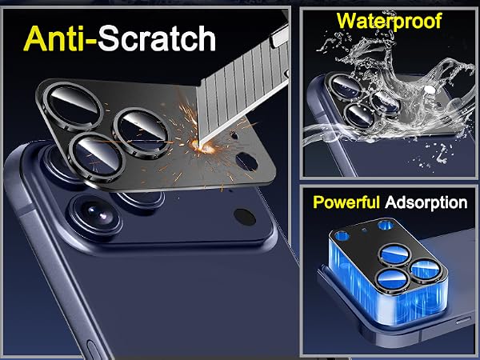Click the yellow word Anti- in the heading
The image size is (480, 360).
60,38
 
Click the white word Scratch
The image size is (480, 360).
157,38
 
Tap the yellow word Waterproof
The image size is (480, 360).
389,22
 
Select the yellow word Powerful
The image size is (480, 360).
346,202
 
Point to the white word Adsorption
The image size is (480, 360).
426,202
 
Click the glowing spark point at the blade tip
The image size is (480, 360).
199,145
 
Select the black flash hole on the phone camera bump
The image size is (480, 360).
245,217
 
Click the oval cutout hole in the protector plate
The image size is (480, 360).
246,162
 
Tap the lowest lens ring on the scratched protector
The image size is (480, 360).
97,157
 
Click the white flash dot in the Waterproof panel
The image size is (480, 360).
430,90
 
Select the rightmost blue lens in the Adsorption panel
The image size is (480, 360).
426,269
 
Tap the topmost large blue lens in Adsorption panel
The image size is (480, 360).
395,255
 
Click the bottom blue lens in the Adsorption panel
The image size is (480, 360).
393,278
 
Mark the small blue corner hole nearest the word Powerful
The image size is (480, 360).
342,236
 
